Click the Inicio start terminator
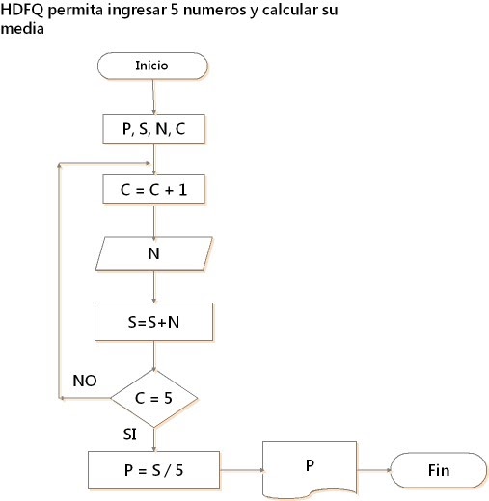[152, 66]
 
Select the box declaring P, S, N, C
[153, 128]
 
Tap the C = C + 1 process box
[153, 190]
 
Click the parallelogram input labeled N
[154, 253]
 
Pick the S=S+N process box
[153, 322]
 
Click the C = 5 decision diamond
[154, 398]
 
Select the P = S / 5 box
[153, 470]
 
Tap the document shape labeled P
[310, 469]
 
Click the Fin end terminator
[439, 470]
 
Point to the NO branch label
[85, 381]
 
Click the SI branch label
[129, 435]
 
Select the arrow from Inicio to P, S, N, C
[153, 96]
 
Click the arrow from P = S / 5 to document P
[241, 470]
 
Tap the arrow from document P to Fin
[374, 470]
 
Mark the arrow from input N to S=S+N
[154, 286]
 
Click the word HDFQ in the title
[21, 10]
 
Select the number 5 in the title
[175, 10]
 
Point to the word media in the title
[22, 28]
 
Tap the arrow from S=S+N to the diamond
[154, 356]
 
